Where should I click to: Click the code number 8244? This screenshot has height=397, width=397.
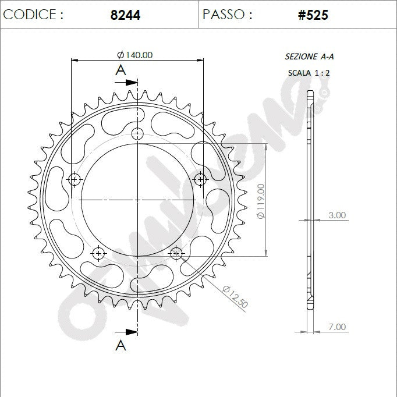(x=125, y=15)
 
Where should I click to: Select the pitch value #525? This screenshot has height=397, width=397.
(x=313, y=15)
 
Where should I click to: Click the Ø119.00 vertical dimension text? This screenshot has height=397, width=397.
(x=261, y=201)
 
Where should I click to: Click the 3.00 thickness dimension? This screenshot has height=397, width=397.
(x=336, y=215)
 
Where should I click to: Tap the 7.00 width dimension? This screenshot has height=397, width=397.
(x=336, y=327)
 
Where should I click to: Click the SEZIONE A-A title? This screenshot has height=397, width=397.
(x=309, y=56)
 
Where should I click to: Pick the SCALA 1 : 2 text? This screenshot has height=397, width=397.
(x=309, y=73)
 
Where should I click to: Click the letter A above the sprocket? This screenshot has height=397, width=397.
(x=120, y=70)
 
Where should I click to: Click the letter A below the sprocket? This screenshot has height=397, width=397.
(x=120, y=345)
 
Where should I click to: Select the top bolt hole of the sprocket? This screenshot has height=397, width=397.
(x=137, y=134)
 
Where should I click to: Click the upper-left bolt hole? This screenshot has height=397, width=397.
(x=75, y=180)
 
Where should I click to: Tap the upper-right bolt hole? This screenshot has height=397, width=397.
(x=200, y=180)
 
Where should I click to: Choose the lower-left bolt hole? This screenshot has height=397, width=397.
(x=98, y=253)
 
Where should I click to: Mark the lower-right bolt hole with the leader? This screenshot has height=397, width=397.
(x=176, y=253)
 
